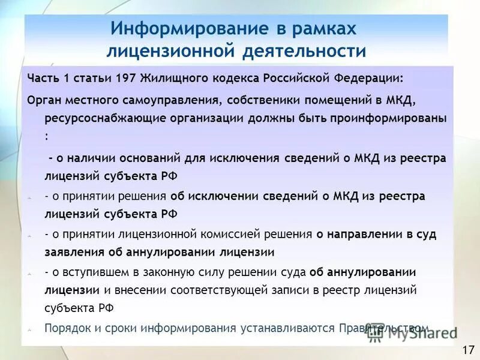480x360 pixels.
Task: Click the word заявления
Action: click(x=68, y=251)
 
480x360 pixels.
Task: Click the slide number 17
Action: click(x=467, y=349)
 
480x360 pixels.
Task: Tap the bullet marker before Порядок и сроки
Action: click(x=30, y=329)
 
